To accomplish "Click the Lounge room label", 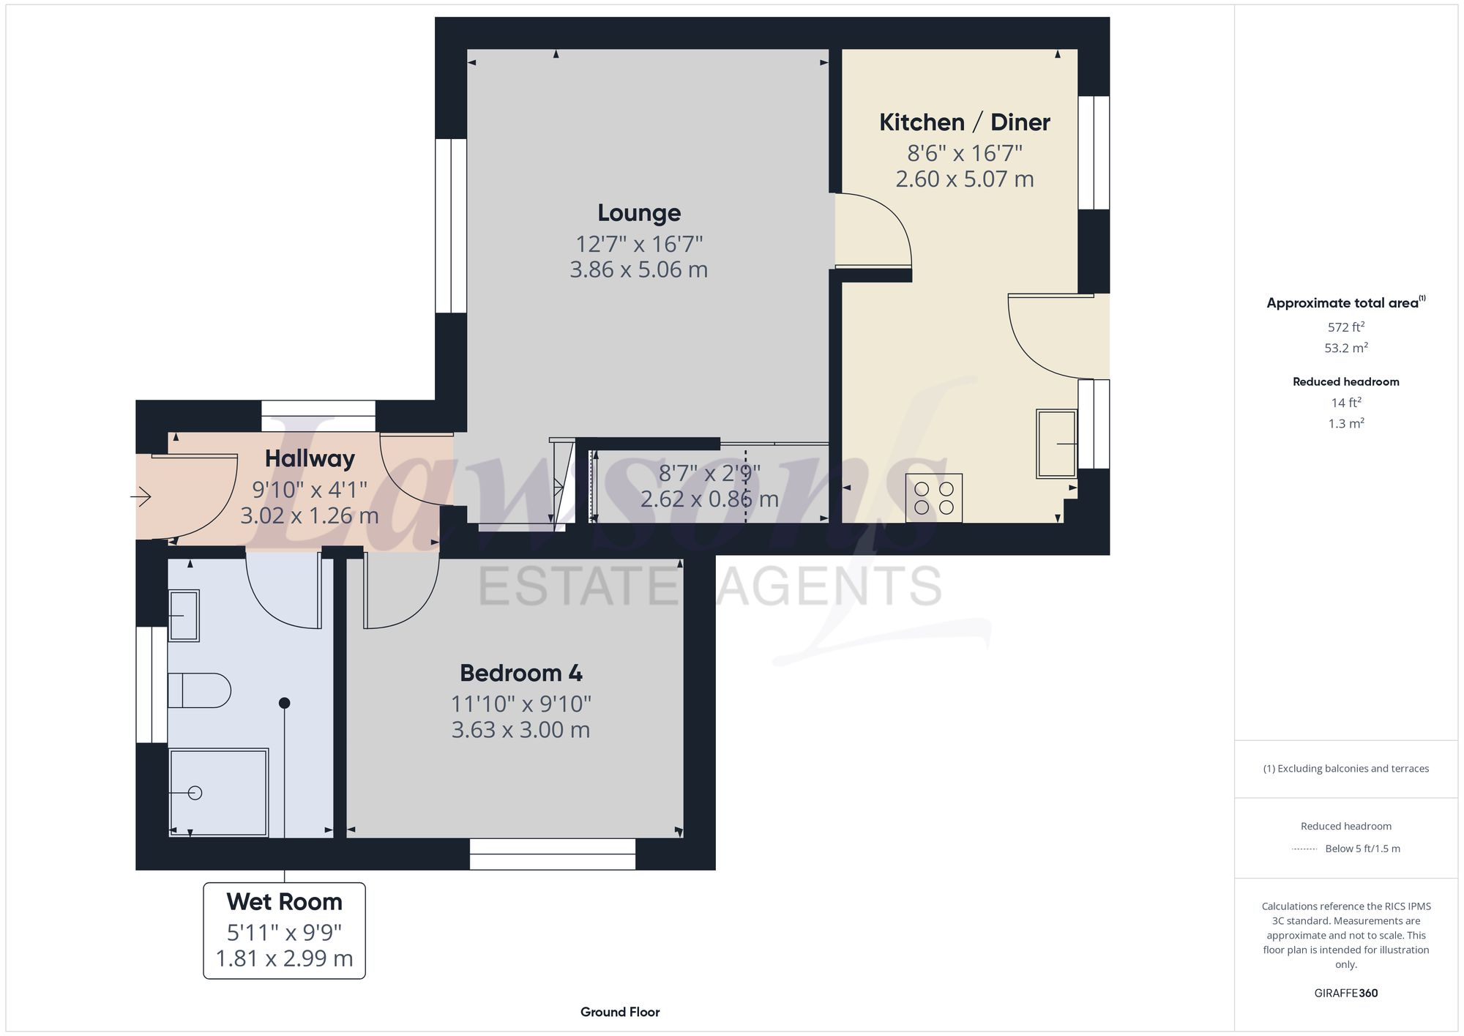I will (x=639, y=213).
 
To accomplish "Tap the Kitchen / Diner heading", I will (x=964, y=122).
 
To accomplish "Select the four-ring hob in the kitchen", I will (x=933, y=498).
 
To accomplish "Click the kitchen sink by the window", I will (x=1056, y=444).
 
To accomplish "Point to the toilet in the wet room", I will (x=198, y=690).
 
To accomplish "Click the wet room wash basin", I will (x=184, y=616).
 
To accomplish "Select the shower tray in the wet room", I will (x=218, y=791).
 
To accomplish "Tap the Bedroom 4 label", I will (x=520, y=673).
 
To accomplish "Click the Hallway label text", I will (x=310, y=459).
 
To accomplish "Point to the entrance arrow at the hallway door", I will (x=141, y=498).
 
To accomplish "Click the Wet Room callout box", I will (x=284, y=930).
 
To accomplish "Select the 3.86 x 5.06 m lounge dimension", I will (x=638, y=270).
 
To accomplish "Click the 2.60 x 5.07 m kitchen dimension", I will (x=964, y=179).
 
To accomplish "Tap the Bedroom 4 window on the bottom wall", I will (x=552, y=854).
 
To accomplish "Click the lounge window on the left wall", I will (x=451, y=226).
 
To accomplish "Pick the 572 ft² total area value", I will (x=1345, y=327).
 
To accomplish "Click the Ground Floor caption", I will (x=620, y=1012).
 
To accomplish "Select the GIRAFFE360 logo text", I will (x=1345, y=994).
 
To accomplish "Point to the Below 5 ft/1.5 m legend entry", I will (x=1362, y=849).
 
